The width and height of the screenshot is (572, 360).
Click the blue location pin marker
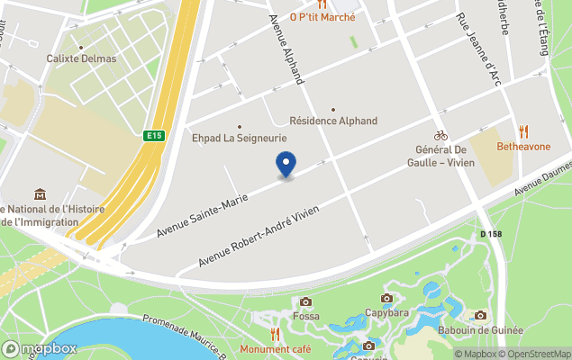285,164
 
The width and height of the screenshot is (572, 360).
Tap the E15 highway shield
154,136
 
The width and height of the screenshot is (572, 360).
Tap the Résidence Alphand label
333,121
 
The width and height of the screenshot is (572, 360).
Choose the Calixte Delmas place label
81,58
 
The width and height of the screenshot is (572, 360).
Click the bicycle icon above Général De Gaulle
440,135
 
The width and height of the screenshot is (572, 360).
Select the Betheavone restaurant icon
522,131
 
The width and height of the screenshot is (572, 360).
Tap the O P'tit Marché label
322,16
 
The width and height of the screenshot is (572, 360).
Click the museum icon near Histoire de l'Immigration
40,194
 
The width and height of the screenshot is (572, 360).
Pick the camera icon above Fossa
305,302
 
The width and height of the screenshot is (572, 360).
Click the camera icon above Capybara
387,298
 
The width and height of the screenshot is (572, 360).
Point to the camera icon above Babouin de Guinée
480,315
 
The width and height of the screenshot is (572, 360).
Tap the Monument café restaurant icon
275,334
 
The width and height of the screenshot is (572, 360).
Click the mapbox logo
40,348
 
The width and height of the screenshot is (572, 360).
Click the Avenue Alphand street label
286,49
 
